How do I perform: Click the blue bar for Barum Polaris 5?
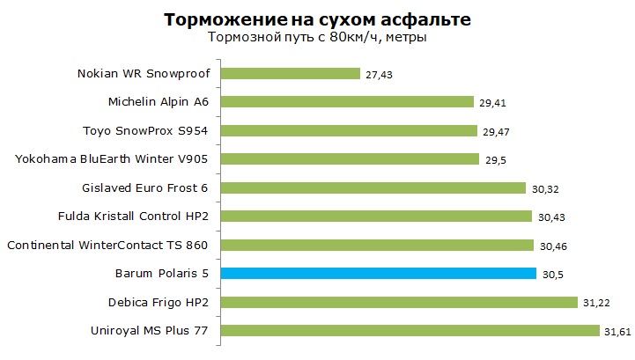pyautogui.click(x=378, y=273)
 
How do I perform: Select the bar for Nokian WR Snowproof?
pyautogui.click(x=290, y=73)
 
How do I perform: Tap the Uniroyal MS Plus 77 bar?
pyautogui.click(x=410, y=331)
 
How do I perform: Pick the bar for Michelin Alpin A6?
pyautogui.click(x=347, y=101)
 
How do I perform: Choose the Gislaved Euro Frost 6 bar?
pyautogui.click(x=373, y=187)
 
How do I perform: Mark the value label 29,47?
pyautogui.click(x=495, y=132)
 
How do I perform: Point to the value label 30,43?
pyautogui.click(x=550, y=217)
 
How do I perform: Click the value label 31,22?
pyautogui.click(x=594, y=304)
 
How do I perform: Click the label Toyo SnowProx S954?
pyautogui.click(x=147, y=130)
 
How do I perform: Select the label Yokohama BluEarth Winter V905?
pyautogui.click(x=113, y=158)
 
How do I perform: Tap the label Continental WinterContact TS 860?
pyautogui.click(x=107, y=245)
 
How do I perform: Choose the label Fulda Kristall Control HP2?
pyautogui.click(x=132, y=216)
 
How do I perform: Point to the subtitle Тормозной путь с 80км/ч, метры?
pyautogui.click(x=318, y=39)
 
